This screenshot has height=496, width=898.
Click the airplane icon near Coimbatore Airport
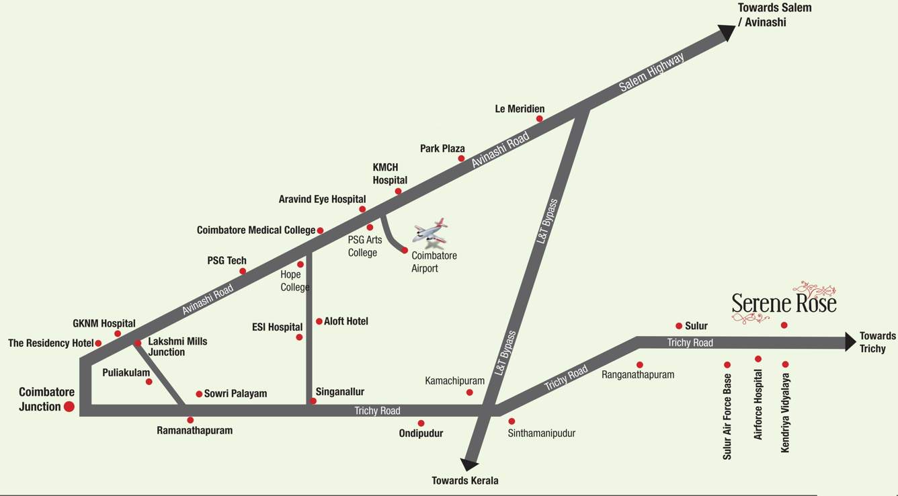tap(430, 232)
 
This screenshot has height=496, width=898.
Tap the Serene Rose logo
tap(784, 303)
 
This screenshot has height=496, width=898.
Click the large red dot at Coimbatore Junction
tap(69, 406)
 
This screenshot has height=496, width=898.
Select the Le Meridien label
tap(520, 109)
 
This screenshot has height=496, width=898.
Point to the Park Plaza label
tap(442, 149)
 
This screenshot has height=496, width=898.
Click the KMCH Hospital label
tap(390, 173)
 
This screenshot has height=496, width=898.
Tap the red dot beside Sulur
tap(679, 326)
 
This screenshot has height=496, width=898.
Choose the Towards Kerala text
tap(465, 481)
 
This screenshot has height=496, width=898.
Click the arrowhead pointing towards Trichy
tap(850, 341)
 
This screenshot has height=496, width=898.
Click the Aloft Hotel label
tap(346, 321)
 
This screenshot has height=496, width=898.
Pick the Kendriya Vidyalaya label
tap(785, 413)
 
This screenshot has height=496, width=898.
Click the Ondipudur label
tap(421, 433)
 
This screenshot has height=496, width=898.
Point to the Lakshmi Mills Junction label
tap(177, 346)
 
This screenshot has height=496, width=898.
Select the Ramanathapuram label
tap(194, 430)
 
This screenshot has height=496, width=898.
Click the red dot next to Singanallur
tap(313, 401)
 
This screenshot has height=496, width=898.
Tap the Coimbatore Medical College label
tap(256, 230)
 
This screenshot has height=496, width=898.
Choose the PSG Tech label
tap(227, 261)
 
